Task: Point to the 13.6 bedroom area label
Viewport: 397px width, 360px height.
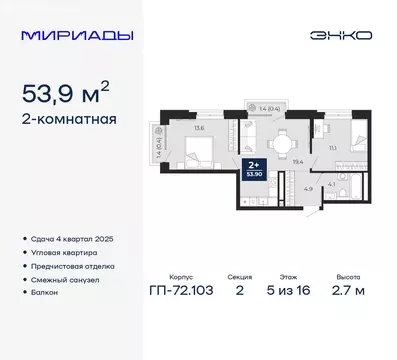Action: [x=199, y=127]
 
